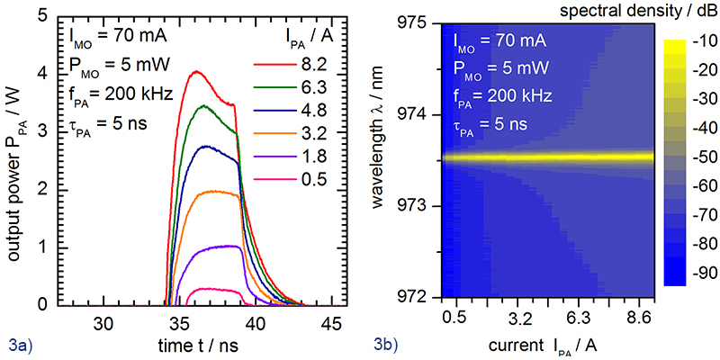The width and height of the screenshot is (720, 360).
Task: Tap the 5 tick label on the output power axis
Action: point(31,15)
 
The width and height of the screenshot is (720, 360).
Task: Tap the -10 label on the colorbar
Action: point(703,42)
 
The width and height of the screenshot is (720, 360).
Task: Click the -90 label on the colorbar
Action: point(703,271)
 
